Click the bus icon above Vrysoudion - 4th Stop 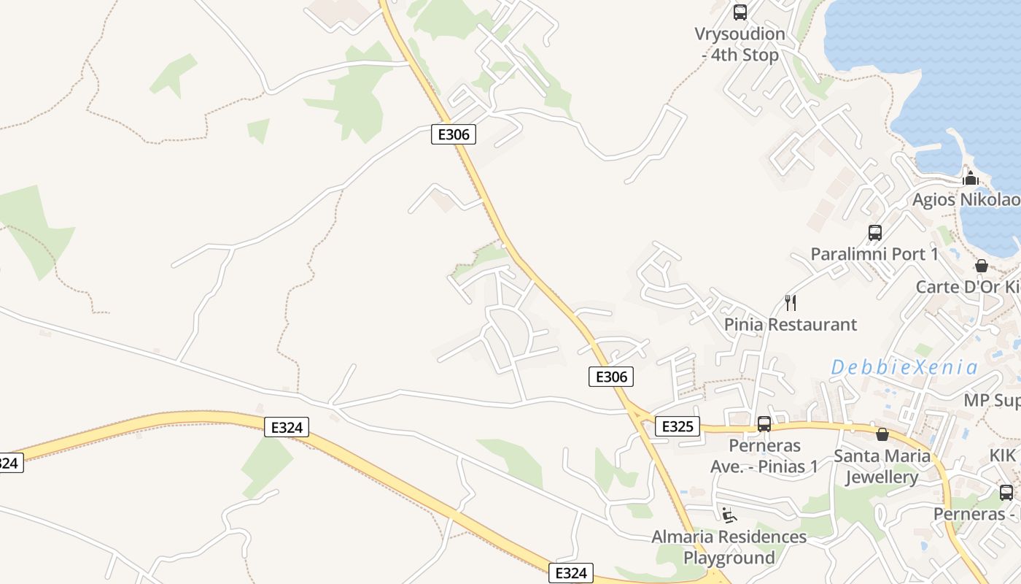click(740, 12)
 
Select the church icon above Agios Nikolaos click(971, 177)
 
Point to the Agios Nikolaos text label click(966, 200)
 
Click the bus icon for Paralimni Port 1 click(875, 233)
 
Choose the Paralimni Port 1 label click(874, 254)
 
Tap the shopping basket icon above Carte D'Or click(982, 266)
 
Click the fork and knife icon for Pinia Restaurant click(790, 302)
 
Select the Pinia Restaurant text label click(791, 324)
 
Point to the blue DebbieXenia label click(904, 367)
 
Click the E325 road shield click(677, 426)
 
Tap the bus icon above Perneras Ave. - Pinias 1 click(764, 424)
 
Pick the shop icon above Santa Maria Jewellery click(882, 434)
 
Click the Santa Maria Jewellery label click(882, 466)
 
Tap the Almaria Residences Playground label click(729, 547)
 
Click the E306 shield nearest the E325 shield click(610, 377)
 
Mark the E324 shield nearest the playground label click(570, 573)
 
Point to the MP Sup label click(992, 400)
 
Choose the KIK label click(1002, 456)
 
